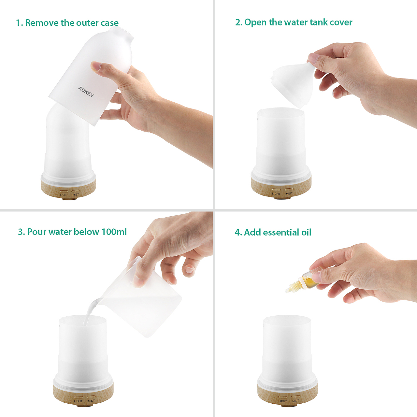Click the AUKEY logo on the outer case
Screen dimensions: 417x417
(86, 92)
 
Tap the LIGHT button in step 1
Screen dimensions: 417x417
(64, 191)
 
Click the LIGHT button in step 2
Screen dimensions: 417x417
(276, 190)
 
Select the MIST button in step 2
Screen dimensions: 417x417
(289, 190)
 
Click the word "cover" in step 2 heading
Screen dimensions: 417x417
(341, 22)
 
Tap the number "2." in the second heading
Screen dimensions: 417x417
(238, 22)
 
